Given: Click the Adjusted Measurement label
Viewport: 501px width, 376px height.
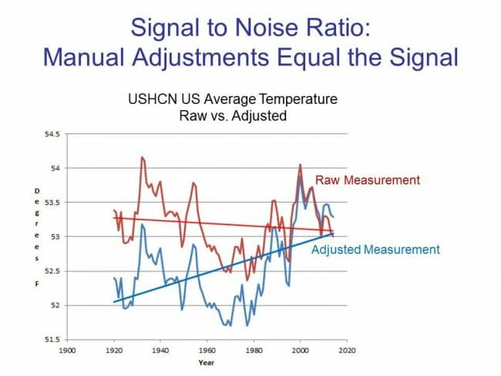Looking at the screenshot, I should click(375, 250).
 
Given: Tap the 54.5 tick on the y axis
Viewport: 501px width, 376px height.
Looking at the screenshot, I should click(50, 133).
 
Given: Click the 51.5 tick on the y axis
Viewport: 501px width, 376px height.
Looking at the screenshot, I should click(50, 339).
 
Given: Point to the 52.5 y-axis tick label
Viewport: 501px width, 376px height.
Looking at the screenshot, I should click(50, 270).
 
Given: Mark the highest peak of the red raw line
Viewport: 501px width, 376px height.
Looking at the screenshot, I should click(142, 157).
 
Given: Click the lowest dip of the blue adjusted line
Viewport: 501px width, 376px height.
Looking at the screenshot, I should click(247, 326).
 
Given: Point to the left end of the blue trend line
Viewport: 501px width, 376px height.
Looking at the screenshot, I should click(114, 301).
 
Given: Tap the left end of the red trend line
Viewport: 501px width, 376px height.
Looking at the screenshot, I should click(114, 217).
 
